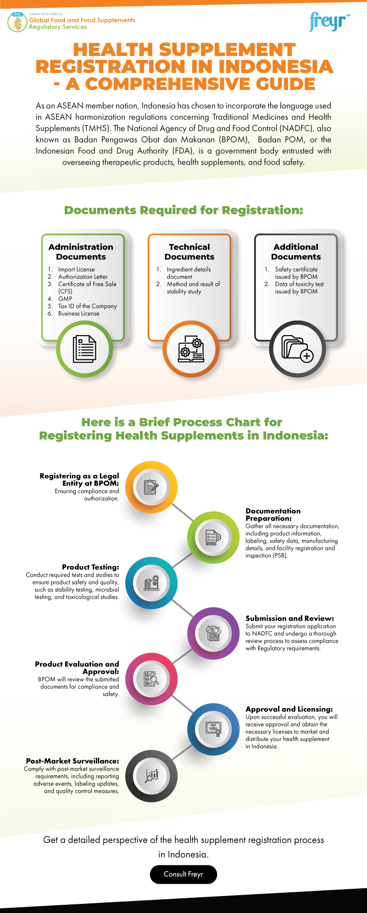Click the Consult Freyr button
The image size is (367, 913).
(x=183, y=874)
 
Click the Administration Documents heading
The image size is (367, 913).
(x=81, y=252)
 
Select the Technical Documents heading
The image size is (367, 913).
(x=189, y=252)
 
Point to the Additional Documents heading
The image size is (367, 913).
(x=296, y=252)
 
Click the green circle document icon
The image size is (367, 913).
(x=84, y=349)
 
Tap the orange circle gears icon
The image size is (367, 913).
(x=191, y=349)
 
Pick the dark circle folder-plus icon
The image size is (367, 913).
(x=297, y=349)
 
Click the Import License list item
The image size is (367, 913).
(x=76, y=269)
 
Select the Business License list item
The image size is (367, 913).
(x=78, y=314)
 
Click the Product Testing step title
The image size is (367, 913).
(x=90, y=567)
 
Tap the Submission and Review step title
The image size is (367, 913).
(x=289, y=618)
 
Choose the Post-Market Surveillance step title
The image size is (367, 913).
(x=72, y=761)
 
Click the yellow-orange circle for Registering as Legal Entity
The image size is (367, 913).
(x=151, y=487)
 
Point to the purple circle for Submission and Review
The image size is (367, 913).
(x=213, y=633)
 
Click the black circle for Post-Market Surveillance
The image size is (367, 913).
(x=151, y=776)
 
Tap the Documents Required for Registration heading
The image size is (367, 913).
(x=183, y=210)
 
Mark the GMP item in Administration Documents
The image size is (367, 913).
(x=65, y=298)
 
